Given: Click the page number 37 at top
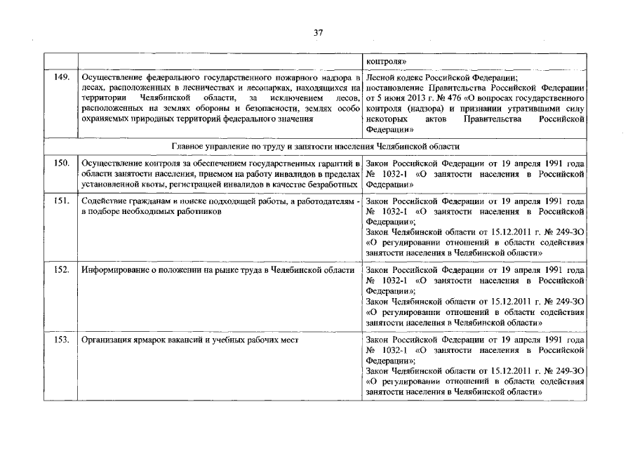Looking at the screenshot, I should pos(317,32).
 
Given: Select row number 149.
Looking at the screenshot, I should pos(61,78).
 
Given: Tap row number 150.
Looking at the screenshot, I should pos(61,163).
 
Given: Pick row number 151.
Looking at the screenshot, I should pos(61,201).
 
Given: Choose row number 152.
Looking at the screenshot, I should pos(61,270).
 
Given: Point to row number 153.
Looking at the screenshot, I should pos(61,340).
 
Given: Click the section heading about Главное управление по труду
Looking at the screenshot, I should pos(316,147).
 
